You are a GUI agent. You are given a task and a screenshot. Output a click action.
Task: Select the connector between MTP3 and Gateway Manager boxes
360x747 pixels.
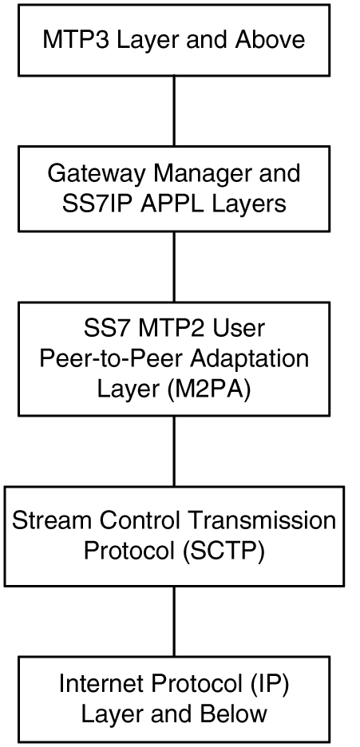(x=174, y=111)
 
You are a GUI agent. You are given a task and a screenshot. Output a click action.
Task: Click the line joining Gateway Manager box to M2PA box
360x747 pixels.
(x=174, y=269)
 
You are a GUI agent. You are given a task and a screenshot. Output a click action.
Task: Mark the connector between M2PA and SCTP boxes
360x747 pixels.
(x=174, y=451)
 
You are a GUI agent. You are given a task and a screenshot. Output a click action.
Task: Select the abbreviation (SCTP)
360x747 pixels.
(x=221, y=551)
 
